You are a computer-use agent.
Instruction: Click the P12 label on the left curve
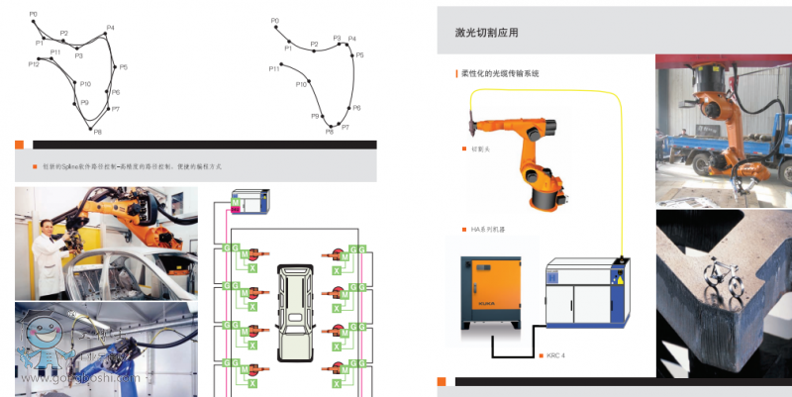point(34,63)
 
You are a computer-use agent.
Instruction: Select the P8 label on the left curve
point(97,132)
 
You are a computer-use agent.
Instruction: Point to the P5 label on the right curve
point(360,55)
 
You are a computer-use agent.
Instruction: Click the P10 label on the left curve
point(85,84)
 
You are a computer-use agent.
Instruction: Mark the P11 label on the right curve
point(274,69)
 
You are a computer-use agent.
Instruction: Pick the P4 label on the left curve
point(110,28)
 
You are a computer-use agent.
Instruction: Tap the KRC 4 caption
point(559,354)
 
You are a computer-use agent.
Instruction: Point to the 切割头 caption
point(481,149)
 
